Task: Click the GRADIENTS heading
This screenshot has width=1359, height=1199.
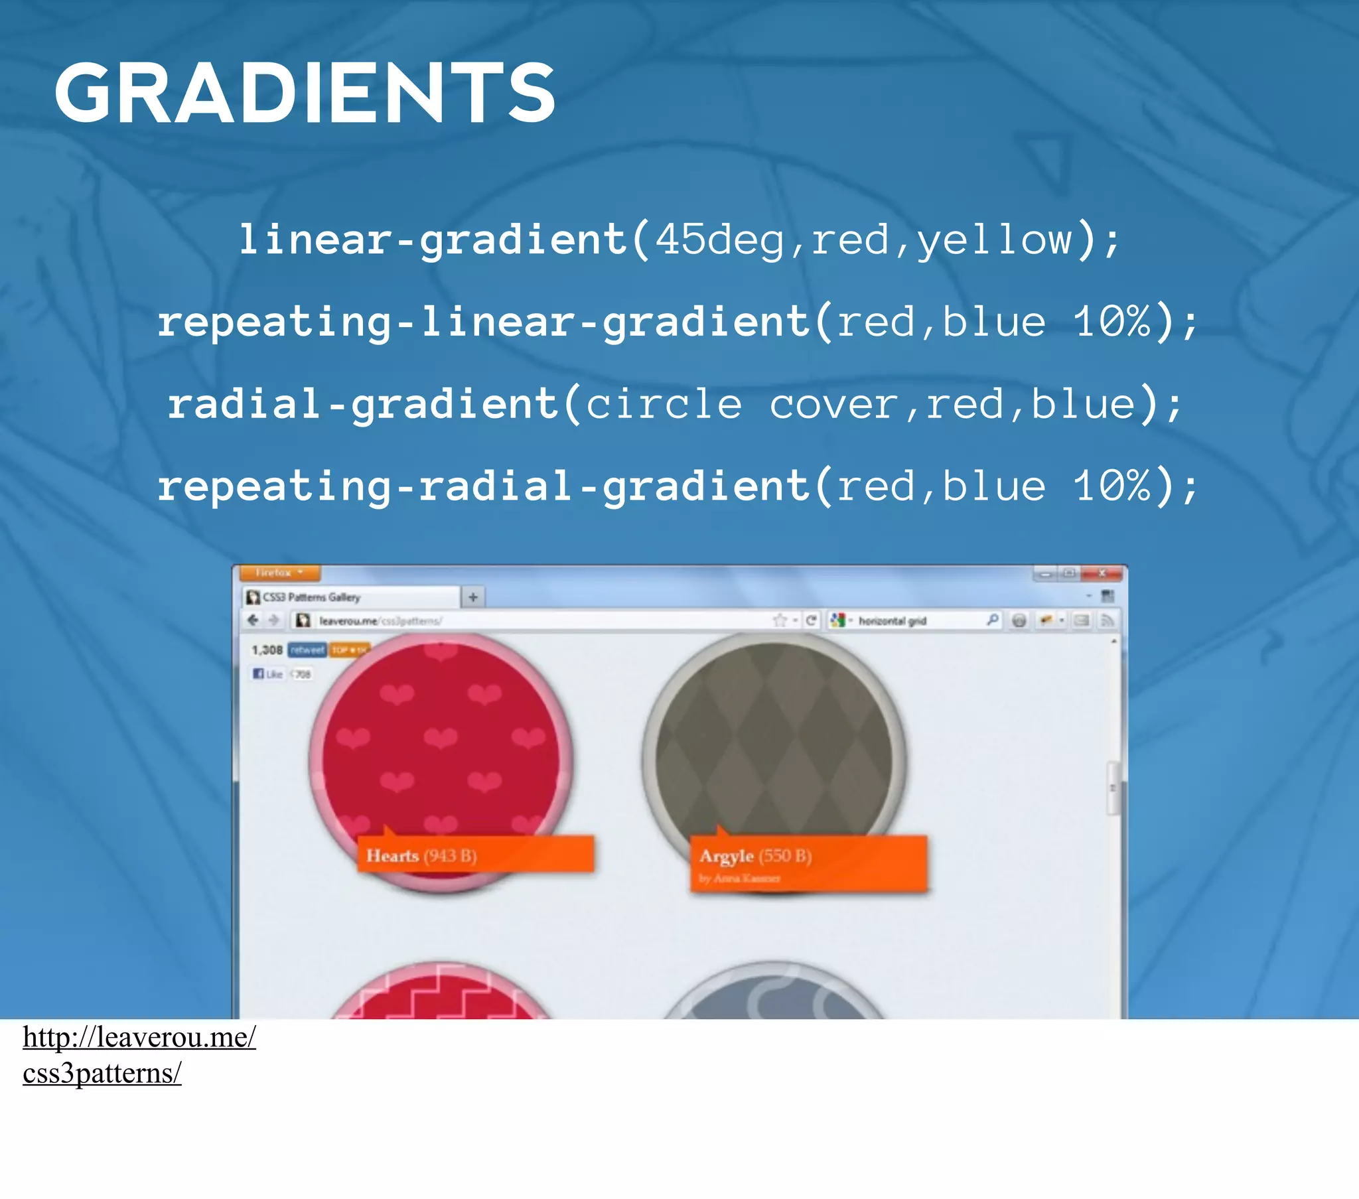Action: tap(305, 93)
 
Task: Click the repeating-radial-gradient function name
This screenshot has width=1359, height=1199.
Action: tap(483, 486)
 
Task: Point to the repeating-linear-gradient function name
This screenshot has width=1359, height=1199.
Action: tap(483, 322)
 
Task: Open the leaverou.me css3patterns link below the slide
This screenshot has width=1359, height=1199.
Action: tap(138, 1055)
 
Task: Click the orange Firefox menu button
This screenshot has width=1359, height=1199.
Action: tap(279, 573)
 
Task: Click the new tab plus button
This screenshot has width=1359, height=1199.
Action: tap(472, 597)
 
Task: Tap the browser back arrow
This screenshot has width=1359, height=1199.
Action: tap(253, 620)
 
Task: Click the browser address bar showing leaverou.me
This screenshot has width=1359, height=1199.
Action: tap(532, 620)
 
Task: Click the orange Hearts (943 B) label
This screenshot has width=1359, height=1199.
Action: tap(475, 855)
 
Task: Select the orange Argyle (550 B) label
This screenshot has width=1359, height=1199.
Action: tap(808, 862)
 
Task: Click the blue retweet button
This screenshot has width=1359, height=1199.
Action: tap(307, 650)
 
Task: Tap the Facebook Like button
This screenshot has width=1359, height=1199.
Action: tap(267, 673)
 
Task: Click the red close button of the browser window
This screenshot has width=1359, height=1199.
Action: tap(1101, 573)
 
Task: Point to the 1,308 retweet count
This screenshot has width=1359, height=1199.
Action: tap(267, 650)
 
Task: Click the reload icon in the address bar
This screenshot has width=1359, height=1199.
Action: tap(810, 620)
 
